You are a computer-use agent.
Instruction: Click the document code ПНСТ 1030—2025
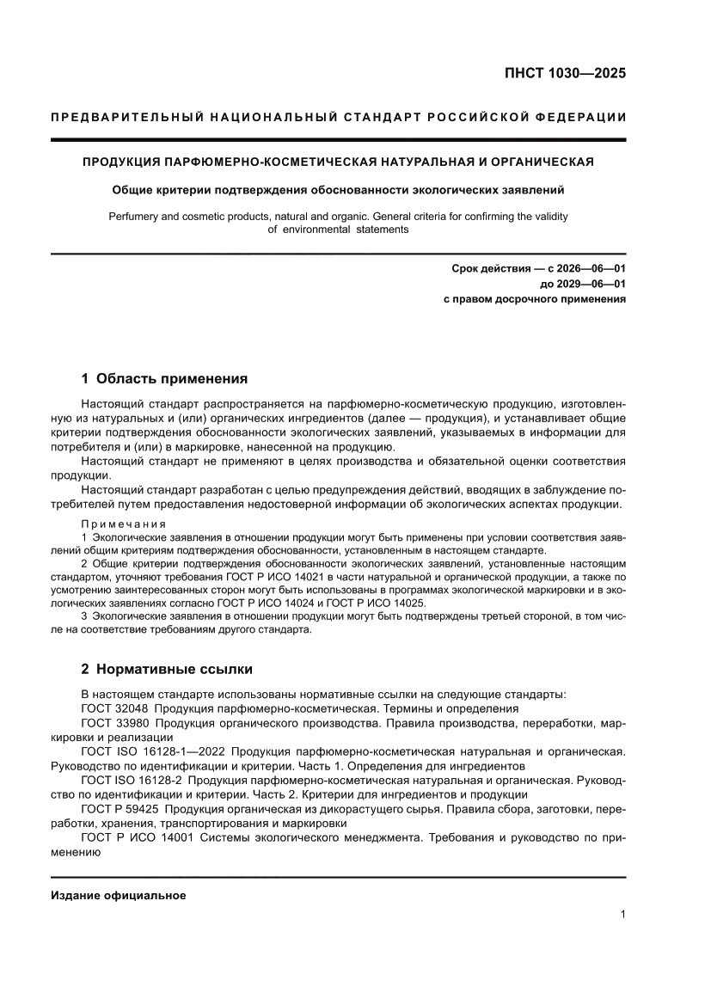pyautogui.click(x=565, y=73)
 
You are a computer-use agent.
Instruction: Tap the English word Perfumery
pyautogui.click(x=136, y=217)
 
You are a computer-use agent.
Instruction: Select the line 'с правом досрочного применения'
pyautogui.click(x=534, y=300)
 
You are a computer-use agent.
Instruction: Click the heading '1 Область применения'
pyautogui.click(x=164, y=378)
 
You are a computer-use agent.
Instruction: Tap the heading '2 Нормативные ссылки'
pyautogui.click(x=167, y=669)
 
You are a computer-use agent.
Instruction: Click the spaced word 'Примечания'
pyautogui.click(x=123, y=524)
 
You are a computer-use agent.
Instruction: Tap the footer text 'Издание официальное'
pyautogui.click(x=119, y=895)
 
